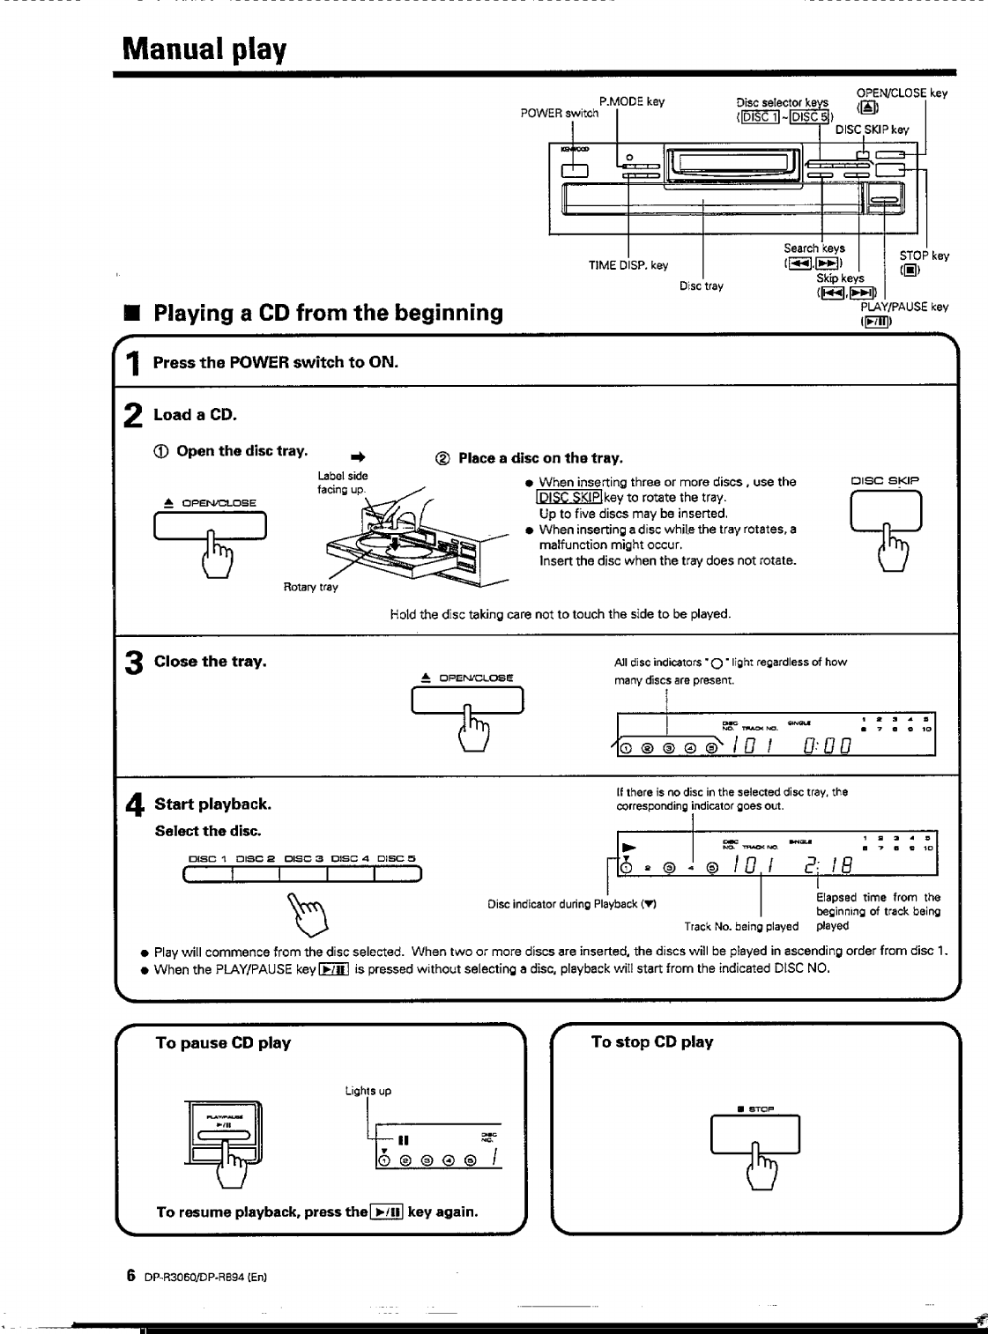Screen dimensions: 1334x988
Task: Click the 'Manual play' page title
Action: (x=204, y=48)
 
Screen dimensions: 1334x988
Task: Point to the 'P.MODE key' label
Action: (x=632, y=101)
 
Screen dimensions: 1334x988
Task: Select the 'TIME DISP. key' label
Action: (x=628, y=265)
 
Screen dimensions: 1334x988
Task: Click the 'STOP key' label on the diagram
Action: (x=925, y=256)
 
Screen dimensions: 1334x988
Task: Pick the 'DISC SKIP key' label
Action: (x=872, y=130)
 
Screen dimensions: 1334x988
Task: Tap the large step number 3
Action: (x=133, y=665)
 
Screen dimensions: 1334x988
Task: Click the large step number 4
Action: (x=134, y=805)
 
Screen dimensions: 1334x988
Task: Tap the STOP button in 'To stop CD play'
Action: (x=755, y=1134)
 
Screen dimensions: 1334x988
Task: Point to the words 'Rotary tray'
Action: (x=310, y=587)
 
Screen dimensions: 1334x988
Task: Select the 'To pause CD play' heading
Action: (x=223, y=1043)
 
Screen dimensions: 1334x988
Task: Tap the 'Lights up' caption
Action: (x=368, y=1091)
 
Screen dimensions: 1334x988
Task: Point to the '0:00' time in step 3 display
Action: (x=826, y=747)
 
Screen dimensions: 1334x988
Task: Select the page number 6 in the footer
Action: (x=130, y=1275)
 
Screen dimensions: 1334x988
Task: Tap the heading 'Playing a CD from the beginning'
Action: (x=328, y=313)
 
